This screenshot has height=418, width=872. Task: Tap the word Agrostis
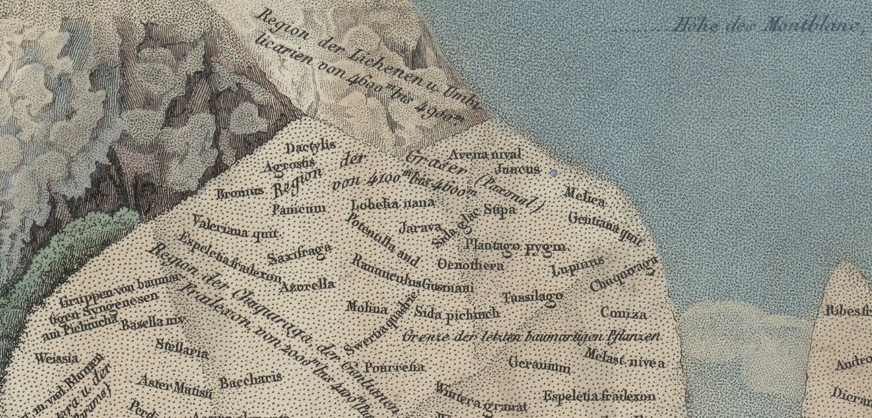tap(290, 166)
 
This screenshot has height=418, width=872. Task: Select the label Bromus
tap(240, 192)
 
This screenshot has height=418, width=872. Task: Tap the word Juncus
tap(517, 169)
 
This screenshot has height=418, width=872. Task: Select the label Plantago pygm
tap(515, 247)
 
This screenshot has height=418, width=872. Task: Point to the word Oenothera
tap(471, 265)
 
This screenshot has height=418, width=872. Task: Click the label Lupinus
tap(577, 265)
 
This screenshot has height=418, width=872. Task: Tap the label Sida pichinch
tap(457, 314)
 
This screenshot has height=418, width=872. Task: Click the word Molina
tap(367, 307)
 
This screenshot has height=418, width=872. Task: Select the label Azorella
tap(307, 285)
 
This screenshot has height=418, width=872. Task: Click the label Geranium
tap(540, 364)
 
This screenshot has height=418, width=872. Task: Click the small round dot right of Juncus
tap(553, 173)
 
